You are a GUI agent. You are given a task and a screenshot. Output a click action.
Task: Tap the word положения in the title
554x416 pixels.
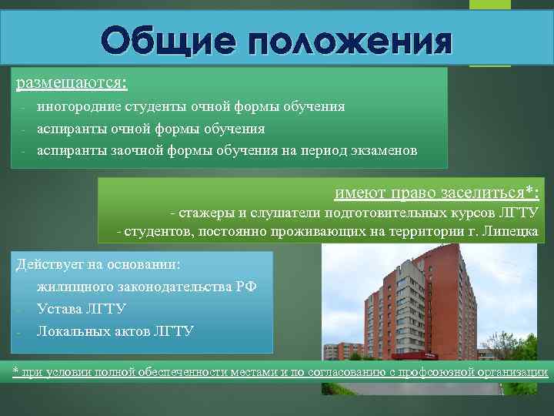click(x=345, y=40)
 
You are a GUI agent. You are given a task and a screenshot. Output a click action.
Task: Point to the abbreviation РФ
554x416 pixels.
click(x=246, y=287)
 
